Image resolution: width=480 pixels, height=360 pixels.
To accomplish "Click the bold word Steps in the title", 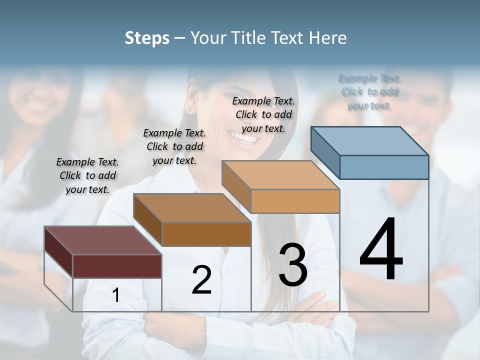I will tap(147, 38).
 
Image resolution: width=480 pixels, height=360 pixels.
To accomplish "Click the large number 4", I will tap(381, 250).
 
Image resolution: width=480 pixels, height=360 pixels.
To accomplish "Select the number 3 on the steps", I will tap(293, 265).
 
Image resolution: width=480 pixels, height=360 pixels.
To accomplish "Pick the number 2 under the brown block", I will tap(202, 280).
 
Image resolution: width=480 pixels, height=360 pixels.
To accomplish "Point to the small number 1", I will tap(116, 295).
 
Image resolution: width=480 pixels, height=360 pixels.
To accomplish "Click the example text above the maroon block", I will tap(87, 175).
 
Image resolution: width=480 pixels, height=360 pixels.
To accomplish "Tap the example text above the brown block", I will tap(174, 146).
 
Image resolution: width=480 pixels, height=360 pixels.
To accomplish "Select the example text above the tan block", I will tap(263, 114).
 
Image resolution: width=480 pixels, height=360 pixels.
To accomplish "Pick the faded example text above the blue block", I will tap(369, 92).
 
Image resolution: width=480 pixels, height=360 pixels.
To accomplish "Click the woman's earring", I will tap(188, 108).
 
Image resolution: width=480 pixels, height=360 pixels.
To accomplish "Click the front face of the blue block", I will tap(384, 167).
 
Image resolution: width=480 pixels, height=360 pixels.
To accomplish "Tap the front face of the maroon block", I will tap(117, 266).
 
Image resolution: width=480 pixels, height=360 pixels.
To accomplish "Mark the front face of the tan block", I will tap(295, 201).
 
